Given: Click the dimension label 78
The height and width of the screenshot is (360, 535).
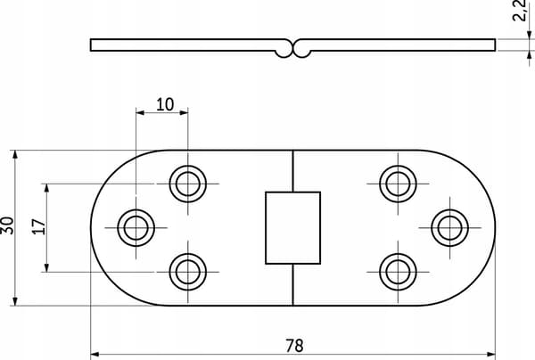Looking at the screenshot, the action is pos(294,346).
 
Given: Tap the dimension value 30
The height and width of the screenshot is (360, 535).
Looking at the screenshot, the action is pos(7,225).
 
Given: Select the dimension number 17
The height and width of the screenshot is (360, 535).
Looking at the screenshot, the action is pos(39,226).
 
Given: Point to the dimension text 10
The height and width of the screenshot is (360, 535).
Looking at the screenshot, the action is pos(165,104).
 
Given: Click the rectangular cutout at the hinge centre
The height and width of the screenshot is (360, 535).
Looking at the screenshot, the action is pos(292,228).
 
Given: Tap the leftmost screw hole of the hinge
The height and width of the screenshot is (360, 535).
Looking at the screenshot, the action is pos(136,228).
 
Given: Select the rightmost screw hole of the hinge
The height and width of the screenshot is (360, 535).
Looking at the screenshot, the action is pos(449,228).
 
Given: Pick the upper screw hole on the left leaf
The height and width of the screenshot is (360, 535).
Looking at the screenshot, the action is pos(187,184).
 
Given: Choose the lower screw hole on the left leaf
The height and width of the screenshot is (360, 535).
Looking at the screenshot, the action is pos(187,272).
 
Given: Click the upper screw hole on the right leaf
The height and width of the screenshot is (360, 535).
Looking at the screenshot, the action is pos(398,184).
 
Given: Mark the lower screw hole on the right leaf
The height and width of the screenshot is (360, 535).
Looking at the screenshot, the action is pos(398,272).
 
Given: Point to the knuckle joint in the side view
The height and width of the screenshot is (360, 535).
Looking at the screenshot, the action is pos(292,49).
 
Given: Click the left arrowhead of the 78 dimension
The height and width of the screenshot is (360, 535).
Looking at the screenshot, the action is pos(95,355).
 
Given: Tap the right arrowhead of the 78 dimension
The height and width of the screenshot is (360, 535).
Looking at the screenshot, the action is pos(491,355).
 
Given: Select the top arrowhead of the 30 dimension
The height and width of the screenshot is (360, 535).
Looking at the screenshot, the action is pos(14,154).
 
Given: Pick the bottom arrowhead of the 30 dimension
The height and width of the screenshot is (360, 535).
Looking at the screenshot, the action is pos(14,301).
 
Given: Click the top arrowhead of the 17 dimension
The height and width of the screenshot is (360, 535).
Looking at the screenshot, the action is pos(46,188).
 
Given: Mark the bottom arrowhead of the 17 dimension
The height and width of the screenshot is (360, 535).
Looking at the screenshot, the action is pos(46,267).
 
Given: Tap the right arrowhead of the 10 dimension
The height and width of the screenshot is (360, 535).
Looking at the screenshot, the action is pos(184,112).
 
